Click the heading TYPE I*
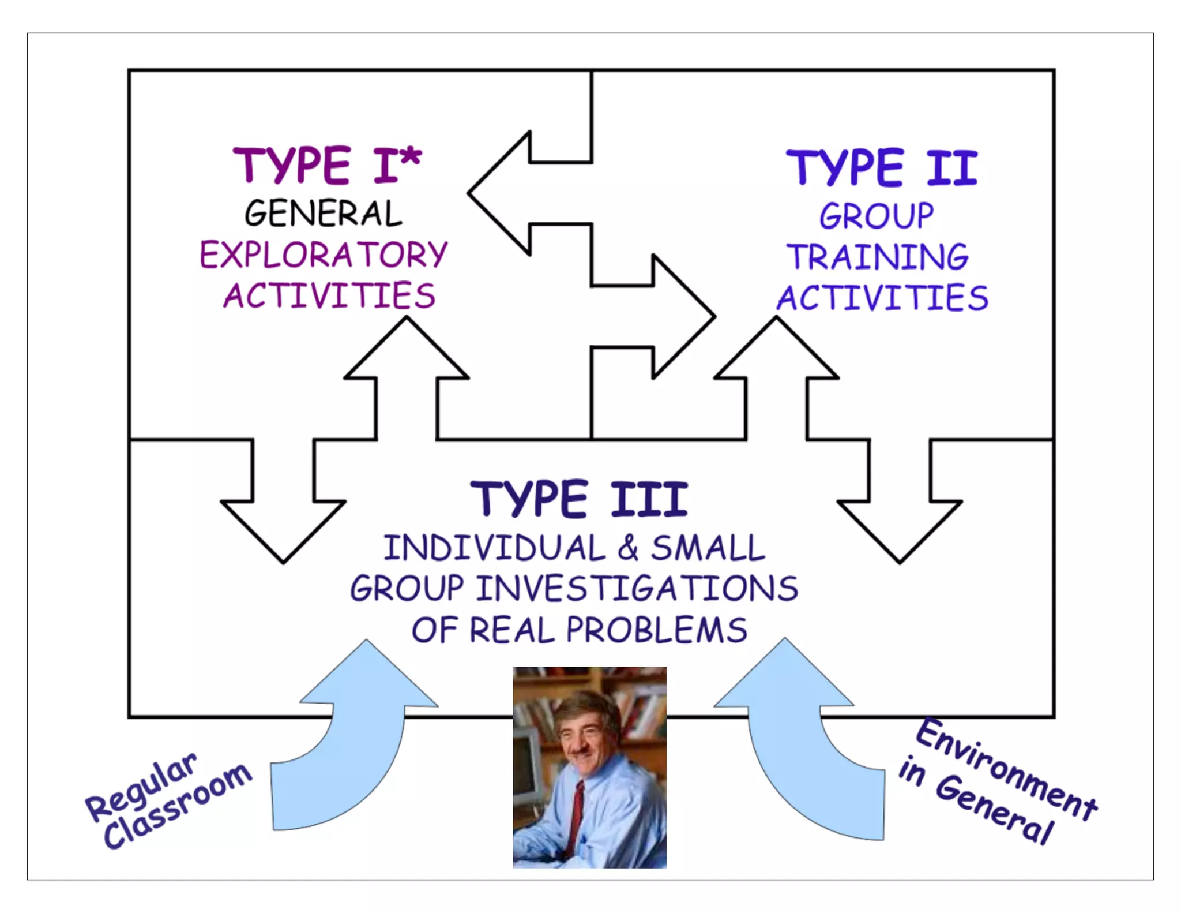327,166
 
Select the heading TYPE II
882,167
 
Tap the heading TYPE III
579,499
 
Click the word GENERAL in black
323,214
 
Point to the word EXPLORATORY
323,255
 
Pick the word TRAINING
878,257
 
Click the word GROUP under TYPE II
877,216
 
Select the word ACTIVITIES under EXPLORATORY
329,295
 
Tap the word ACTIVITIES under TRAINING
882,298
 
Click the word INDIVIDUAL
494,548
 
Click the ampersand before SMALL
628,548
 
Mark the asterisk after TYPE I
412,156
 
